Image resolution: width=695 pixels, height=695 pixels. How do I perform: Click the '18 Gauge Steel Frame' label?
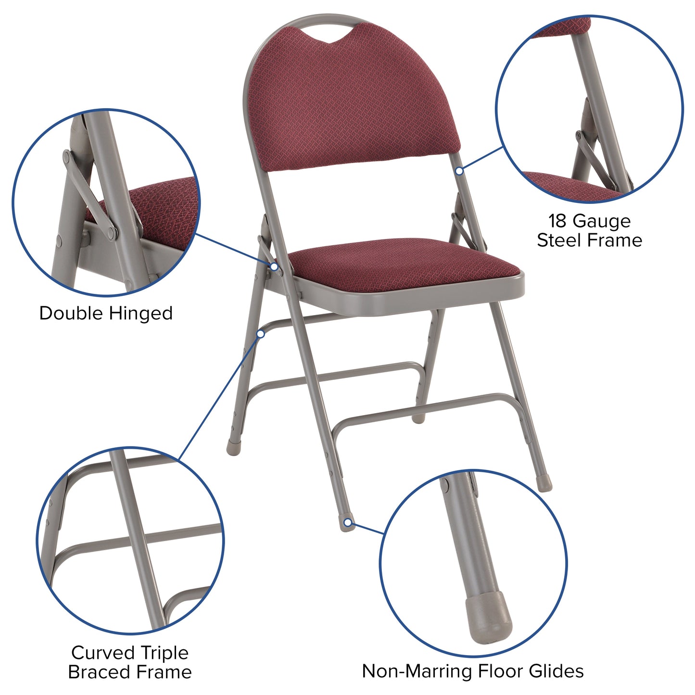pyautogui.click(x=589, y=230)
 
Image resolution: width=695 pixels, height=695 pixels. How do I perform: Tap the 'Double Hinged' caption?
pyautogui.click(x=106, y=313)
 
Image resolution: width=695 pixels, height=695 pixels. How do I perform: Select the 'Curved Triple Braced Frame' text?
pyautogui.click(x=130, y=662)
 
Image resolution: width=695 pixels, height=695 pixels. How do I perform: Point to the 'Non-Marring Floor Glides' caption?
pyautogui.click(x=473, y=671)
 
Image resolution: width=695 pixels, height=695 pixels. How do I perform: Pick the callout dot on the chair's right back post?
pyautogui.click(x=459, y=171)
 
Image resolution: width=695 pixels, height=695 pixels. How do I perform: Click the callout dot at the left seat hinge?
pyautogui.click(x=274, y=266)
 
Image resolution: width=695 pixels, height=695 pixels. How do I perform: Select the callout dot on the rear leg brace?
pyautogui.click(x=261, y=333)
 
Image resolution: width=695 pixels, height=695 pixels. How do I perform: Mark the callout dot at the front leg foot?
pyautogui.click(x=347, y=522)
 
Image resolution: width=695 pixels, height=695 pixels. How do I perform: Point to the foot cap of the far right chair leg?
pyautogui.click(x=545, y=484)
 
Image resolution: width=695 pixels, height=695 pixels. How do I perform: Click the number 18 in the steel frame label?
pyautogui.click(x=558, y=221)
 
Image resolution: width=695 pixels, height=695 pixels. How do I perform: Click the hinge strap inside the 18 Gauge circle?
pyautogui.click(x=596, y=161)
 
